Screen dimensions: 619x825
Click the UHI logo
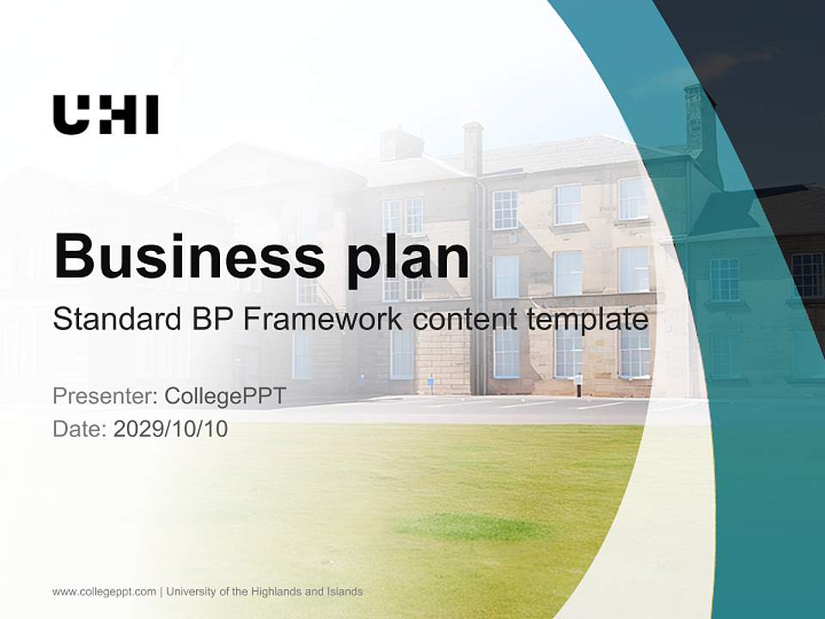106,114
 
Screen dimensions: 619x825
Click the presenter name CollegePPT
224,396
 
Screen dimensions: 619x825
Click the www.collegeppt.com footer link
104,591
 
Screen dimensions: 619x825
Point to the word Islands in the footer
343,591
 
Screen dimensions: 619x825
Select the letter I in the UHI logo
151,114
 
